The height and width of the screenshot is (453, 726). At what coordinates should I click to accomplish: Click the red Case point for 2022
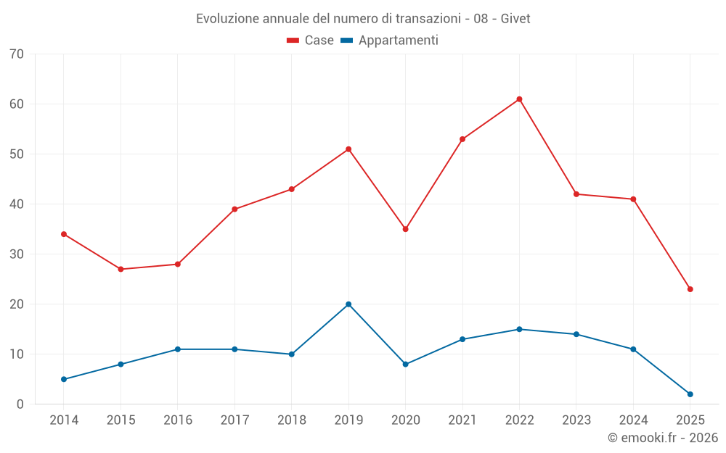coord(519,99)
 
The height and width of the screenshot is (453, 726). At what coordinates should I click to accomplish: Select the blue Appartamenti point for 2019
coord(348,304)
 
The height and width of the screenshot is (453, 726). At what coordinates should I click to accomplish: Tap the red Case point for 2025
coord(690,289)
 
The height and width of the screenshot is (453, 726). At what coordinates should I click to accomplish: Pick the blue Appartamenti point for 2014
coord(64,379)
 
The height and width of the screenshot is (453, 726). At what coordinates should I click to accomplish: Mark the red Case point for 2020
coord(405,229)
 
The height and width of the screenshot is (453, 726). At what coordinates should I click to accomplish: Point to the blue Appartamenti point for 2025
coord(690,394)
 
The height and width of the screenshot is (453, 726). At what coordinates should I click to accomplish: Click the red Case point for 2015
coord(121,270)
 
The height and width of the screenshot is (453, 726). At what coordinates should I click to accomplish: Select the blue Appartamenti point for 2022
coord(519,329)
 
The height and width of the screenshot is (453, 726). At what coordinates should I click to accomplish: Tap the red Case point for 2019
coord(348,149)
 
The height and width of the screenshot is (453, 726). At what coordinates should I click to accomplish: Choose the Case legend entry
coord(311,41)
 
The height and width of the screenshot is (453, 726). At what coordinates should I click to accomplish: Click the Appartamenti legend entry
coord(390,41)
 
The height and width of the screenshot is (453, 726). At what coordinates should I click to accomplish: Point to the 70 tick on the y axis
coord(17,54)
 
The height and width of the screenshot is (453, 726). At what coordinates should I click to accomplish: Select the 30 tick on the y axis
coord(17,254)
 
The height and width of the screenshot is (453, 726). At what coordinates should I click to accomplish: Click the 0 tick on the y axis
coord(20,404)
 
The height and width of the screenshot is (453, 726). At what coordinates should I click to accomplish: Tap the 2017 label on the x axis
coord(234,420)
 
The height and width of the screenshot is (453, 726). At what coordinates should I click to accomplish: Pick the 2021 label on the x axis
coord(462,420)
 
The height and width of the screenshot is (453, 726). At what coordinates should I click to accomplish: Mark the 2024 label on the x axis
coord(633,420)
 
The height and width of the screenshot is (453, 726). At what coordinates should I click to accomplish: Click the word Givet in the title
coord(515,19)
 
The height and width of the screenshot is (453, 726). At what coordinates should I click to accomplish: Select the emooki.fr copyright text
coord(662,438)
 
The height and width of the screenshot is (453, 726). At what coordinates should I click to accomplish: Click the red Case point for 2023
coord(576,194)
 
